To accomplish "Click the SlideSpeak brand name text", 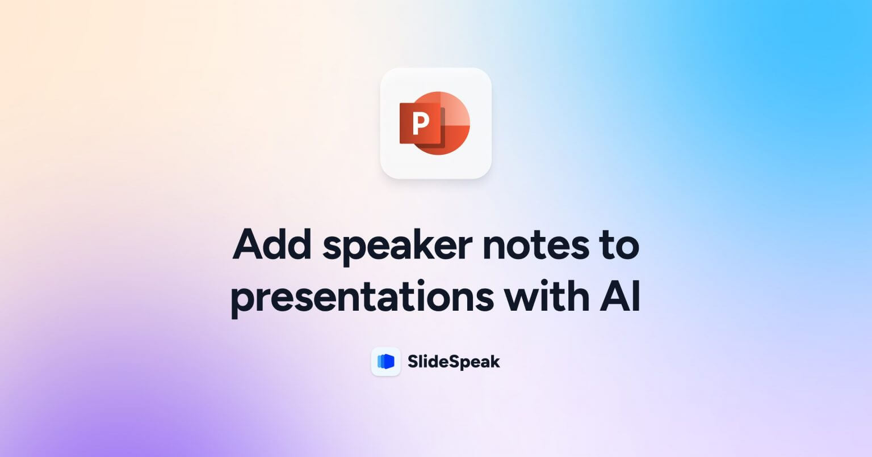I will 454,362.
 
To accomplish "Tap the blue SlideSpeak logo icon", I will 386,362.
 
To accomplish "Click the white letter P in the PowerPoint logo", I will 421,123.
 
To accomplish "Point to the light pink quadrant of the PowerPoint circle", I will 455,109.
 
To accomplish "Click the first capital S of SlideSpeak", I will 413,362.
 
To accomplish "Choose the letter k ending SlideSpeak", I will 495,362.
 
